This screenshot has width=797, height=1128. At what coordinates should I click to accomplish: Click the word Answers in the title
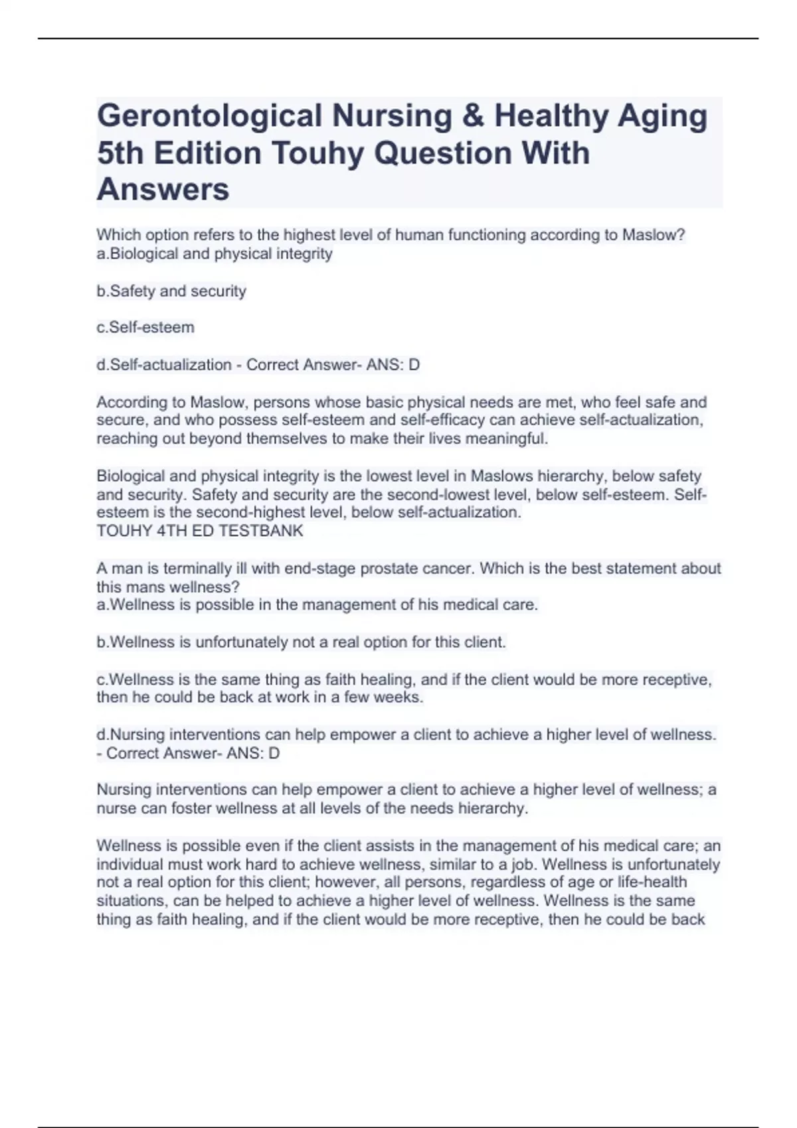[163, 190]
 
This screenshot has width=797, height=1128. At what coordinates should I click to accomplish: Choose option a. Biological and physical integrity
[215, 254]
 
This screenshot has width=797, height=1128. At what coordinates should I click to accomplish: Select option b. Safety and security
[171, 291]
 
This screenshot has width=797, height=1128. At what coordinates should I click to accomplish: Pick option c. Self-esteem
[145, 328]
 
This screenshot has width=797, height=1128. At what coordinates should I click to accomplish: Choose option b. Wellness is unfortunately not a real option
[301, 642]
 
